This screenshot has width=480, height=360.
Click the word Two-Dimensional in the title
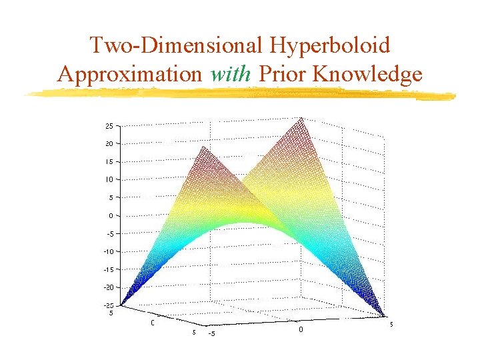coord(177,45)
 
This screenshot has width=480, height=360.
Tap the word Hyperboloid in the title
coord(331,45)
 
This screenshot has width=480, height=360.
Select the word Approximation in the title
coord(130,73)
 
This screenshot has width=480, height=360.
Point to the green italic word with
coord(231,73)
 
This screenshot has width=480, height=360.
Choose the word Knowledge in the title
coord(367,73)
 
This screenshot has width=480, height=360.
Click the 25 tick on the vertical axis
coord(109,125)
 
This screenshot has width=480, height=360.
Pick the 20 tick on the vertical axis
coord(109,143)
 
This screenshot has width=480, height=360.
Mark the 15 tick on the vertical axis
coord(109,161)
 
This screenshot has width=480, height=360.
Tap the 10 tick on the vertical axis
coord(109,179)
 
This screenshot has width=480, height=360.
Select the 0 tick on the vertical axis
coord(111,215)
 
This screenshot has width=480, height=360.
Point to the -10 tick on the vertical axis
coord(107,251)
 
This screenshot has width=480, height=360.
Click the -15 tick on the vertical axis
coord(107,269)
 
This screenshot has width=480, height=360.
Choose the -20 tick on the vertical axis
coord(107,287)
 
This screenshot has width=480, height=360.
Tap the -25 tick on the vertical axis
coord(107,305)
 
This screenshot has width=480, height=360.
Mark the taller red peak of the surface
coord(302,119)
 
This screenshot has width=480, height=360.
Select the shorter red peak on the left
coord(202,148)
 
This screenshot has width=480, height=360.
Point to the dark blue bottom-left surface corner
coord(121,305)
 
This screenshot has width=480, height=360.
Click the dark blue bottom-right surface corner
coord(385,315)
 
